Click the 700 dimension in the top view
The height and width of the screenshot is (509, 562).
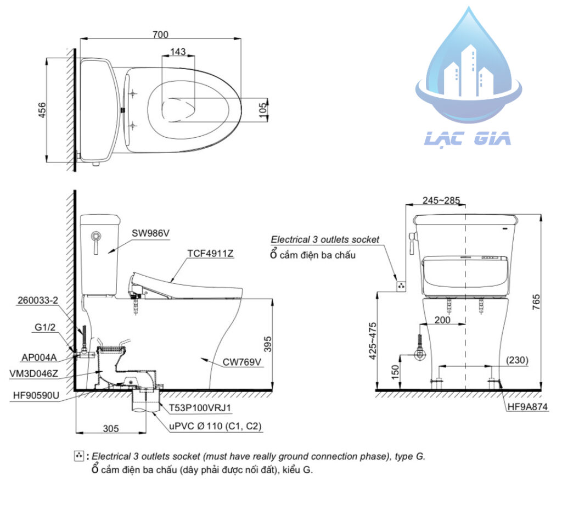point(160,34)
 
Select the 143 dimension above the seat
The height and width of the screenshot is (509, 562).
point(178,52)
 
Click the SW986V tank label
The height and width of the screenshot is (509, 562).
point(150,233)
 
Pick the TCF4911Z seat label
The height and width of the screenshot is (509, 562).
point(211,254)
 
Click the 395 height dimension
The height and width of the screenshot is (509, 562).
point(267,344)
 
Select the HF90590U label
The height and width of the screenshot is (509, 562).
point(36,394)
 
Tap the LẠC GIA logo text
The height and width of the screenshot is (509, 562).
point(467,138)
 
